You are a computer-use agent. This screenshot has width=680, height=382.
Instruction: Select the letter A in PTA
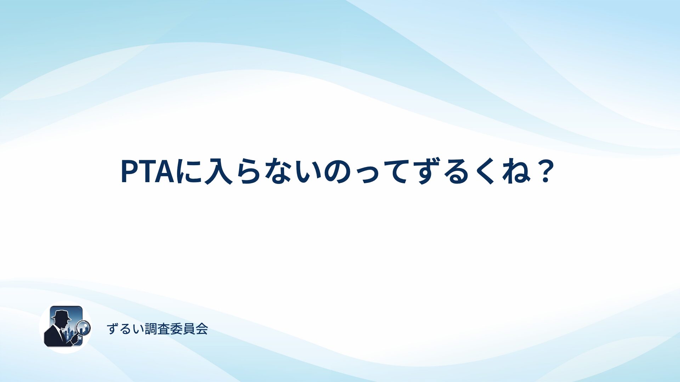point(165,171)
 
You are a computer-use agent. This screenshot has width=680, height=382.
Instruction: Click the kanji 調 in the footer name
point(151,329)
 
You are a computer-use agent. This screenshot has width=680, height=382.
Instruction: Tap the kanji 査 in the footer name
point(164,329)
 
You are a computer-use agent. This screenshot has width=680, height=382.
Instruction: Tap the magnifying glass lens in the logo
point(84,327)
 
